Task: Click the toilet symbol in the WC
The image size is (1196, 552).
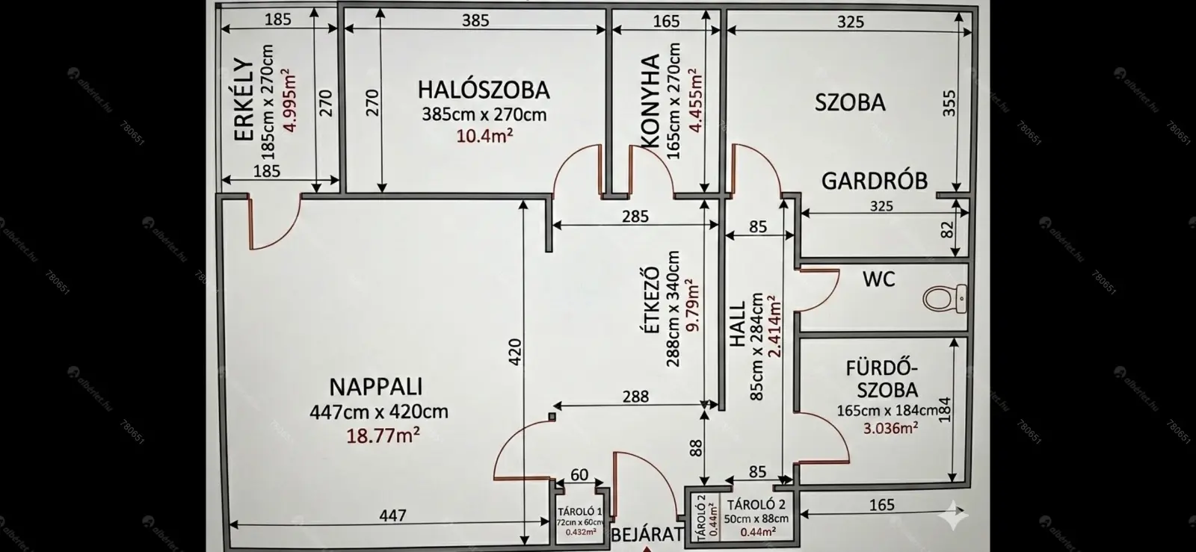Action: pos(945,299)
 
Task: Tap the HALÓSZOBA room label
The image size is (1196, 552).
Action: pos(484,90)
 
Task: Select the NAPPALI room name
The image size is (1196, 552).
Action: pos(376,387)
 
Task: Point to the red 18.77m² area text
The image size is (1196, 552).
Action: pos(383,435)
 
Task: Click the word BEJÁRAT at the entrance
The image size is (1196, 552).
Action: pos(647,534)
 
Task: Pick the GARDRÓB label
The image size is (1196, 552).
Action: pos(875,182)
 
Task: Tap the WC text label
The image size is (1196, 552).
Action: pos(879,279)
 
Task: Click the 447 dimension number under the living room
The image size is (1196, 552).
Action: pos(392,515)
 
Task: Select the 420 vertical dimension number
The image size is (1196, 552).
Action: pos(515,352)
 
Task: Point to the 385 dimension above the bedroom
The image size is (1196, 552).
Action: pos(475,20)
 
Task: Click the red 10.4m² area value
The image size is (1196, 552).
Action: pos(485,136)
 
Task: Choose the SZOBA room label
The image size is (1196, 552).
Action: pos(850,102)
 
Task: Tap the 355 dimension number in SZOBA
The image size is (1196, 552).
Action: pos(949,104)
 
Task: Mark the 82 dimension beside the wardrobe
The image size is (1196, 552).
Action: pos(946,230)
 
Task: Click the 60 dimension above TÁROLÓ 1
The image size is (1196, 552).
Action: pos(579,474)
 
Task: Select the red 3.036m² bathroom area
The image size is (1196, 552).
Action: pos(890,428)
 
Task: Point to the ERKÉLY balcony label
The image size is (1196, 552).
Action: pos(244,99)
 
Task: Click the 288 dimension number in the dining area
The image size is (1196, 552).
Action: pos(636,397)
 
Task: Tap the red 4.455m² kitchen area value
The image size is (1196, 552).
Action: pos(695,100)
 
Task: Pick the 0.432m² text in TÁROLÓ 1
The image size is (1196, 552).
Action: pos(581,532)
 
